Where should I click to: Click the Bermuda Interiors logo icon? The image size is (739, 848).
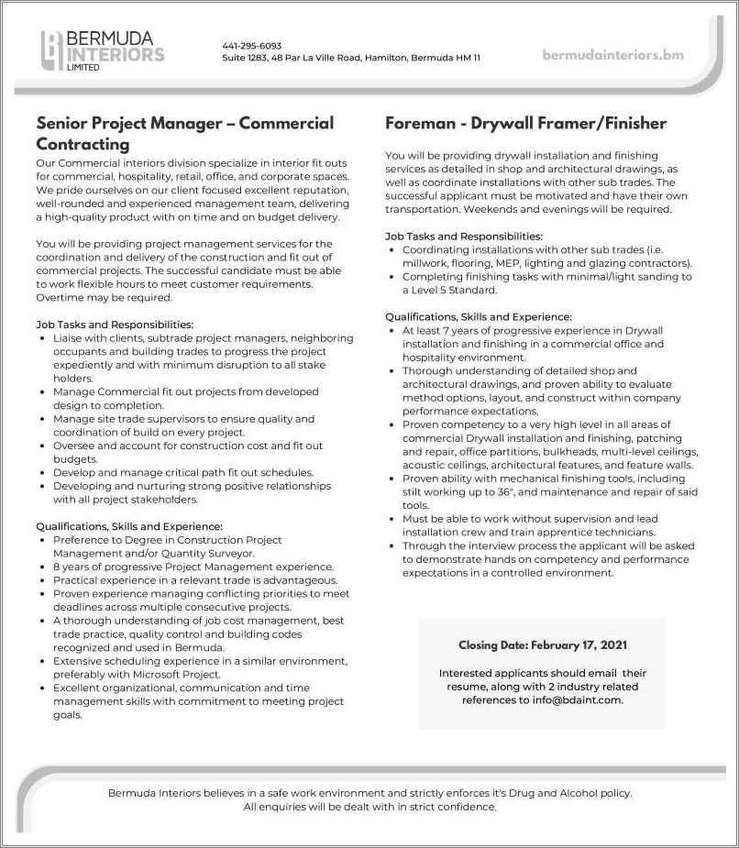pos(52,50)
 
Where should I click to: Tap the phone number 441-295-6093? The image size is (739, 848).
pos(251,46)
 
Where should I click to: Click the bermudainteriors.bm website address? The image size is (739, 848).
pos(612,55)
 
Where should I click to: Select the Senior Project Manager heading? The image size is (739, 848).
pos(184,133)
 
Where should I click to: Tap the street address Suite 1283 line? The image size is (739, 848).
pos(351,58)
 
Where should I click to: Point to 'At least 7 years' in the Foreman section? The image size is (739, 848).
pos(445,330)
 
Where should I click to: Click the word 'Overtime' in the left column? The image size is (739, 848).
pos(59,298)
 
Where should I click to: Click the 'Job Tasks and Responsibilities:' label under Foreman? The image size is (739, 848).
pos(464,237)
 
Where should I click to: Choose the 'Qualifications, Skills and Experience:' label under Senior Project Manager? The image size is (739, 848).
pos(129,527)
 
